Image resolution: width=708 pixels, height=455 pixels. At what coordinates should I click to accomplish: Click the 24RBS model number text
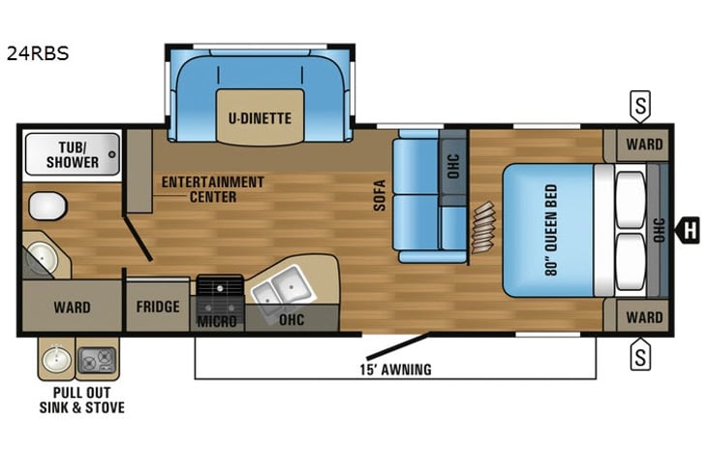tap(38, 53)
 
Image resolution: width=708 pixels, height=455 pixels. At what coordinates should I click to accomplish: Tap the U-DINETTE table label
tap(260, 118)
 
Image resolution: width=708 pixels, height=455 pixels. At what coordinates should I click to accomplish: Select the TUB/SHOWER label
tap(73, 154)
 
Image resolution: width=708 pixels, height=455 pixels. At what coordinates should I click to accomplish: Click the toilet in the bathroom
tap(46, 206)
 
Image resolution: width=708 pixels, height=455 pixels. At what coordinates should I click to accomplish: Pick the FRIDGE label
tap(158, 308)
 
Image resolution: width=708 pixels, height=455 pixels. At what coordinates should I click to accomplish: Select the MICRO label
tap(218, 320)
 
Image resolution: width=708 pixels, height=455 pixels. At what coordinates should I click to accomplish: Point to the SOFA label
tap(381, 196)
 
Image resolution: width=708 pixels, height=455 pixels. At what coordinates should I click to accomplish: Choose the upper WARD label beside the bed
tap(643, 146)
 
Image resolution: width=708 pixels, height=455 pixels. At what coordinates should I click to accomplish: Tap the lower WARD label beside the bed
tap(643, 317)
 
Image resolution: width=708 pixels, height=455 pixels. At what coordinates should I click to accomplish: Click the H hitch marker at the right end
tap(689, 231)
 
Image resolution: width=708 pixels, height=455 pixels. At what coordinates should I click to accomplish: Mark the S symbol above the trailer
tap(639, 103)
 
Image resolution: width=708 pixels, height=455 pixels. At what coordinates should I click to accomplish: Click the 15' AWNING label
tap(394, 370)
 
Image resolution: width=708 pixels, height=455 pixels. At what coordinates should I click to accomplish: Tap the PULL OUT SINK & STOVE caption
tap(81, 400)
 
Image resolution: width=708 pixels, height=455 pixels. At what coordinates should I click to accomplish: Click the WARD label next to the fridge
tap(72, 308)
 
